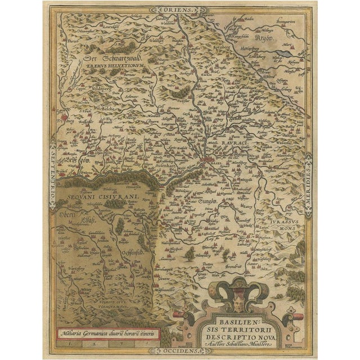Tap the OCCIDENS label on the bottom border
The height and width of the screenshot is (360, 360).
pyautogui.click(x=179, y=349)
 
